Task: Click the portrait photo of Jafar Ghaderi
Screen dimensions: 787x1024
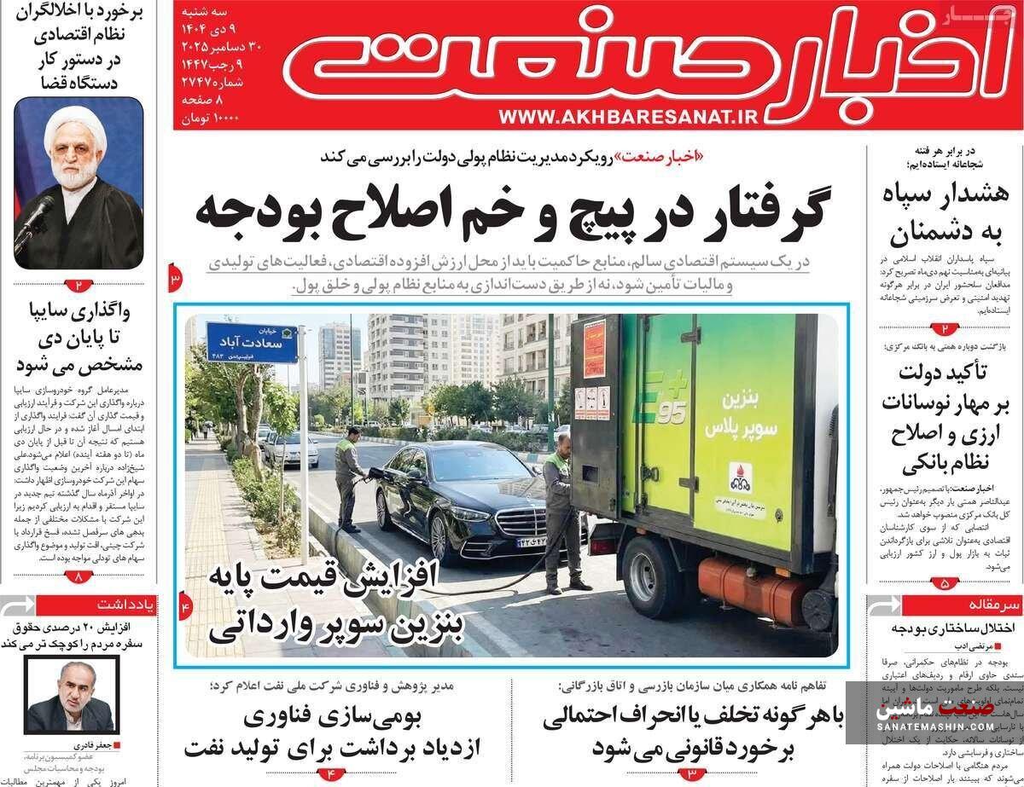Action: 72,695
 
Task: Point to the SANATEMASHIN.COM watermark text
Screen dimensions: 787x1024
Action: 935,726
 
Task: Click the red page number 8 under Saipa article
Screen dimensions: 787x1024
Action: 79,576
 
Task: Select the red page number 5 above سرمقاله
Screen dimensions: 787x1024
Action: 945,583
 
